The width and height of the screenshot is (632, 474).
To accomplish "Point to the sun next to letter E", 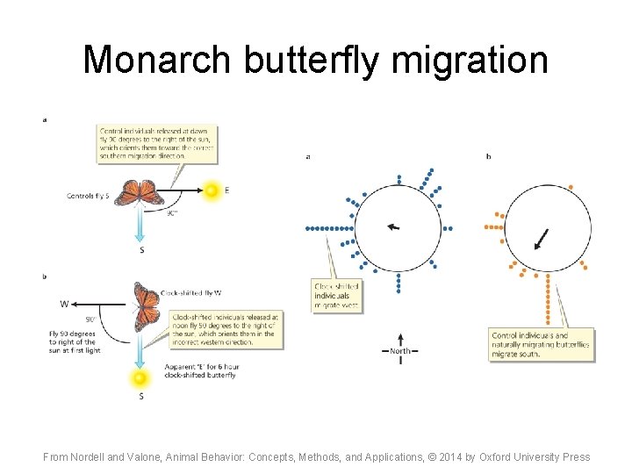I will pyautogui.click(x=211, y=190).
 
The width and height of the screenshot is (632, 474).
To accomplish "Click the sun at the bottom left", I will pyautogui.click(x=139, y=378).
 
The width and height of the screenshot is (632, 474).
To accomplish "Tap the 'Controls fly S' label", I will pyautogui.click(x=87, y=196).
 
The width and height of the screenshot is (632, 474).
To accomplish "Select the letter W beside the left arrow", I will pyautogui.click(x=64, y=305).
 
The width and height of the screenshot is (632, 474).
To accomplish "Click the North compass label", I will pyautogui.click(x=400, y=351).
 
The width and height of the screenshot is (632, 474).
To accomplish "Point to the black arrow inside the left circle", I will pyautogui.click(x=393, y=226).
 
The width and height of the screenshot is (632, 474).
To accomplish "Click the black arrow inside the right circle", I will pyautogui.click(x=542, y=239).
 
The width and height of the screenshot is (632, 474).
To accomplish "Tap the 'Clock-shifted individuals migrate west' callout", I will pyautogui.click(x=337, y=296).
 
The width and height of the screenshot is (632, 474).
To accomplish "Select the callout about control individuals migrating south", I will pyautogui.click(x=541, y=345).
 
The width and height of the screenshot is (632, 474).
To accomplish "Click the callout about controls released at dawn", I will pyautogui.click(x=155, y=143).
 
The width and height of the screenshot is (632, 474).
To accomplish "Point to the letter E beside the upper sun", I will pyautogui.click(x=227, y=190).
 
